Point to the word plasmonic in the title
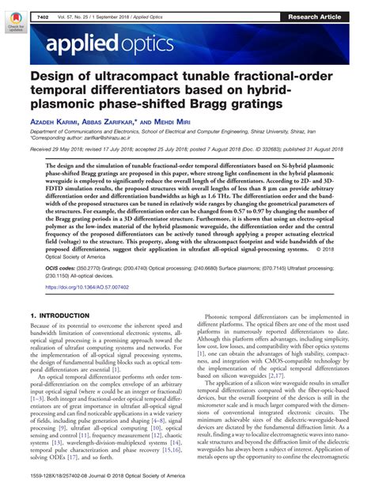(x=67, y=109)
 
